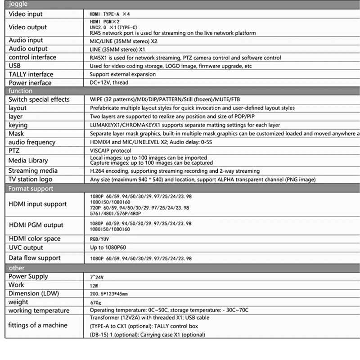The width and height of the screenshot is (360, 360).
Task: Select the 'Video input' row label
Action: (x=26, y=14)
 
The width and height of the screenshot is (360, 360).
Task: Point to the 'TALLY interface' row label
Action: (x=31, y=74)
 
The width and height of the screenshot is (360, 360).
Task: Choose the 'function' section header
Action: (x=21, y=91)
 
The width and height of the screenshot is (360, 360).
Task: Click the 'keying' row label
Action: (x=18, y=125)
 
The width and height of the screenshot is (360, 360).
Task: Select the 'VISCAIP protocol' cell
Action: (x=110, y=151)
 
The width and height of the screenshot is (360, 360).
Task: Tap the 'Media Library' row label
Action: (x=28, y=161)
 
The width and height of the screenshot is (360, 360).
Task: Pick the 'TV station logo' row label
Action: (x=30, y=179)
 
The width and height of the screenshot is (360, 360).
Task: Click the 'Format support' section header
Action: (x=31, y=189)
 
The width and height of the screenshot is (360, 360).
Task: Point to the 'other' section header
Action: (x=17, y=268)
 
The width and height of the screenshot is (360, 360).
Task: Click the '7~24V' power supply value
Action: (x=97, y=277)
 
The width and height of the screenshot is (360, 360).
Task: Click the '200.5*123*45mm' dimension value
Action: (x=109, y=294)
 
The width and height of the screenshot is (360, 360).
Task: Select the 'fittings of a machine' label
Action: (x=38, y=325)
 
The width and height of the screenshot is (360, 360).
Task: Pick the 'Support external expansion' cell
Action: (x=122, y=74)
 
